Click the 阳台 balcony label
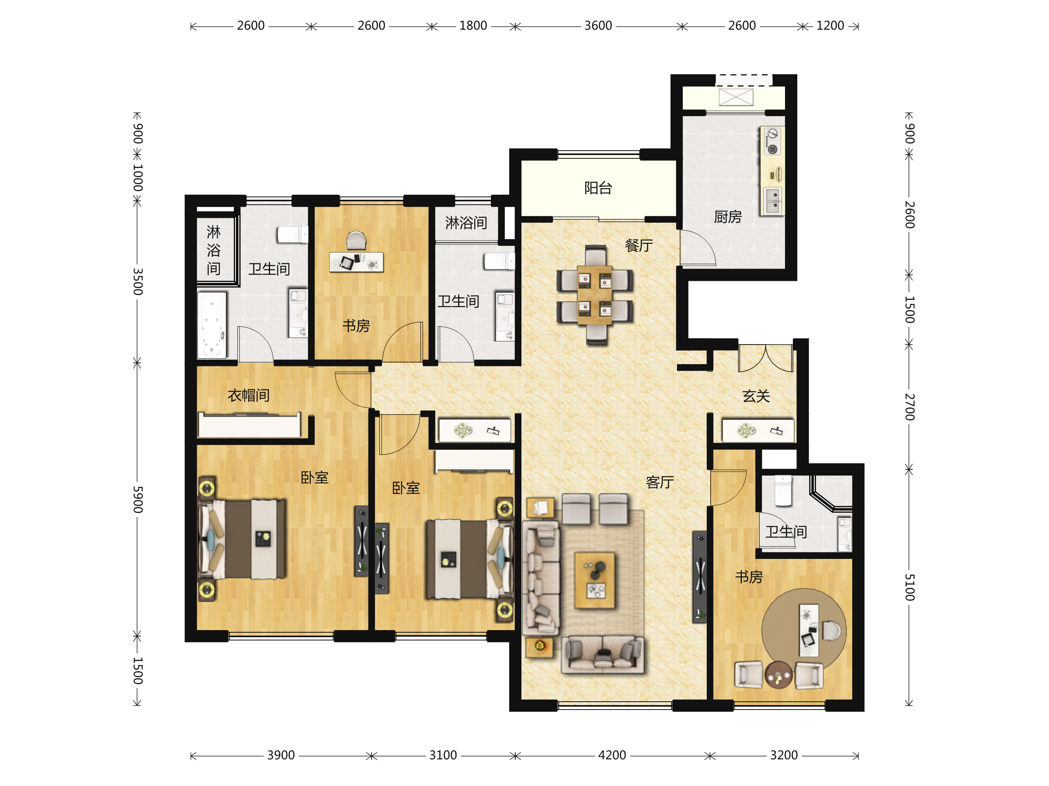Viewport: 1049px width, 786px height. [598, 188]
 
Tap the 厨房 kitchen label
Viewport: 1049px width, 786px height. [728, 217]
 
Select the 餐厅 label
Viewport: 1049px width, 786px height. [639, 245]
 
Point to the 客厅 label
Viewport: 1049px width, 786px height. [660, 483]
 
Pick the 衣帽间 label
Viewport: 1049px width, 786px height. [249, 395]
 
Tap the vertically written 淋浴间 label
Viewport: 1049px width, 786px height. [213, 250]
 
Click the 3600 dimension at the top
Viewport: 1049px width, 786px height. [598, 26]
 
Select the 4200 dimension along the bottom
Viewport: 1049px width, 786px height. [612, 755]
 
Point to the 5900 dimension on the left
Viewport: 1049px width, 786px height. [138, 500]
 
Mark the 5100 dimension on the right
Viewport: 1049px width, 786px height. [909, 587]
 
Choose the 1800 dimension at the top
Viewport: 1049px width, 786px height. [473, 26]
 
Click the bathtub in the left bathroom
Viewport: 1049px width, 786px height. [212, 324]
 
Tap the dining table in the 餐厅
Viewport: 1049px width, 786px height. [595, 295]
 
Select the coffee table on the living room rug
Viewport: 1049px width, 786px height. [595, 580]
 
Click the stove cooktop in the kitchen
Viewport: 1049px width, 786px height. [772, 141]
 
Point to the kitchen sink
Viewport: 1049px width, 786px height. [772, 201]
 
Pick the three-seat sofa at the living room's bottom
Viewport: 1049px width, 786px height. [602, 654]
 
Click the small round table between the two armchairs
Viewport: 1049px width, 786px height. [778, 675]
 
